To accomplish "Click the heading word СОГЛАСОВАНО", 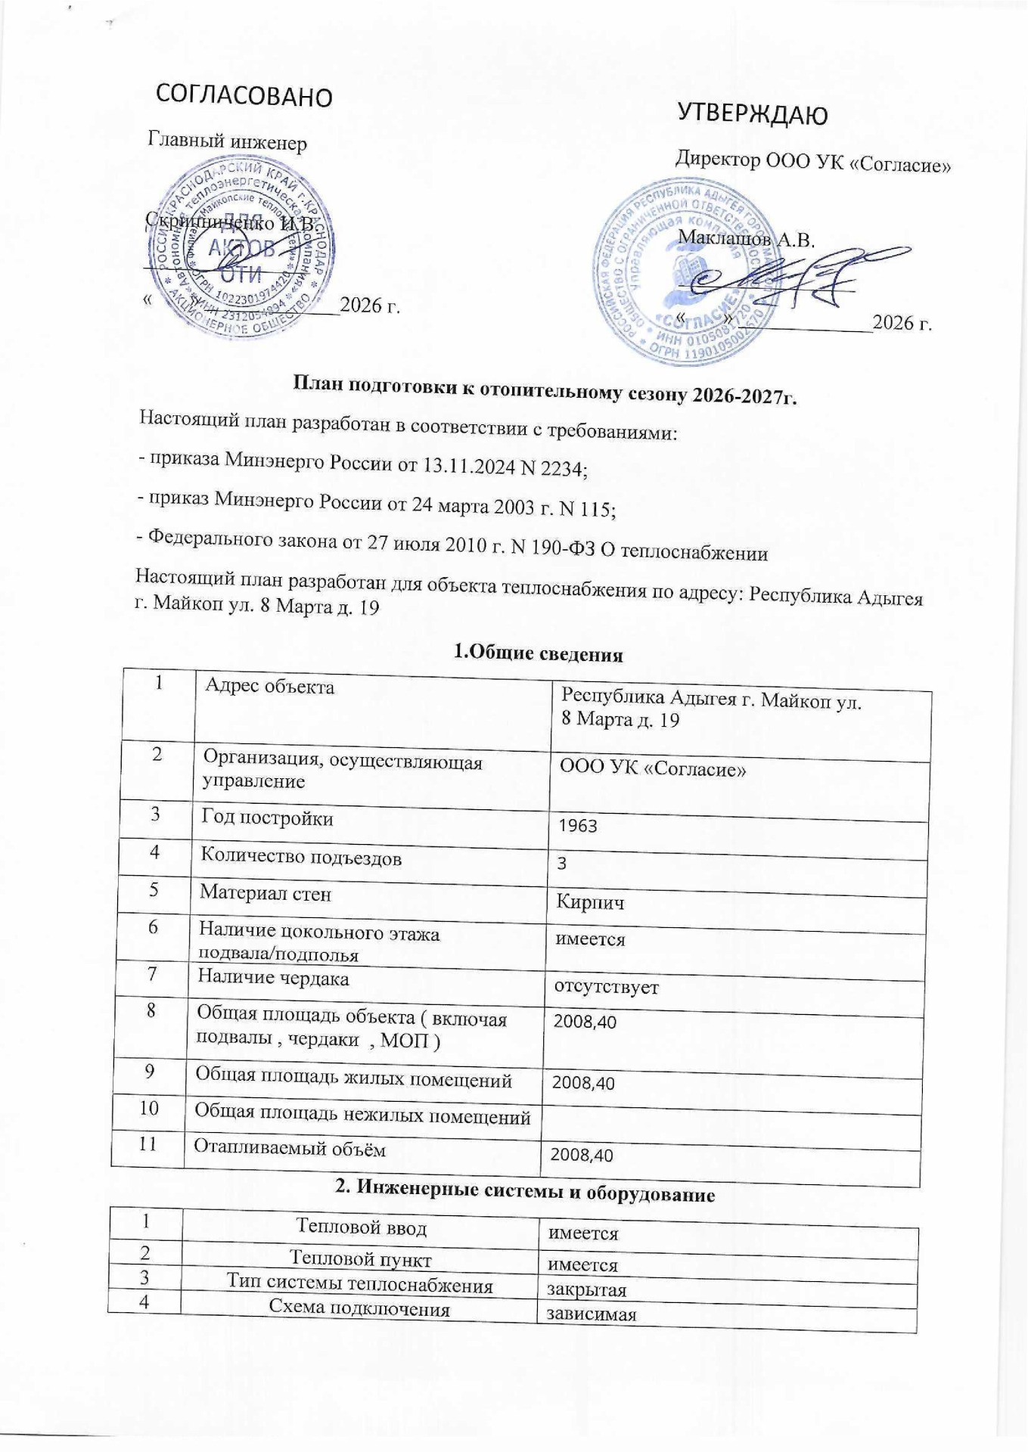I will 244,95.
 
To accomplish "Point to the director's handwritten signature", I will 794,279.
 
